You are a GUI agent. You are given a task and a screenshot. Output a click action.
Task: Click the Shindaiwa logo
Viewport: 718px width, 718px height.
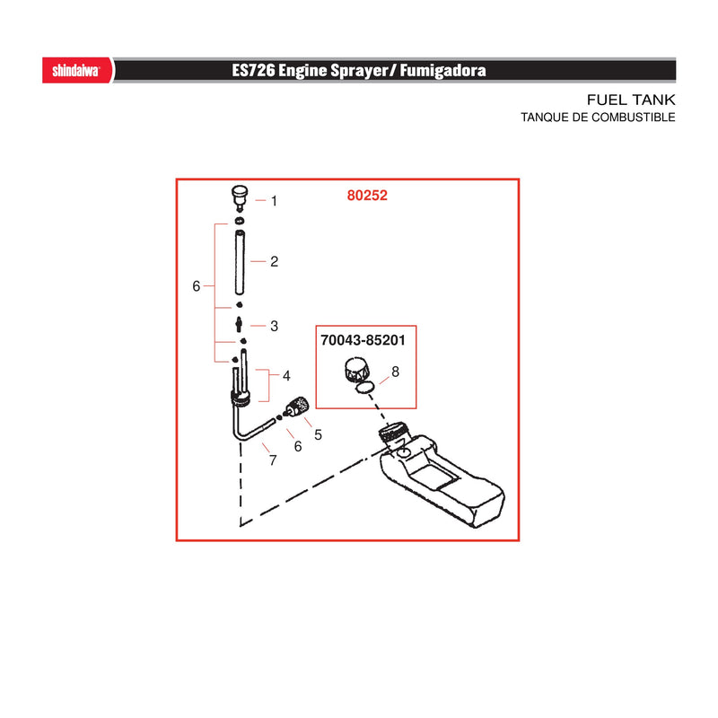point(76,71)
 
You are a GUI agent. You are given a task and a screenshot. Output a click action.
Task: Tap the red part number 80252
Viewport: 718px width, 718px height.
point(367,196)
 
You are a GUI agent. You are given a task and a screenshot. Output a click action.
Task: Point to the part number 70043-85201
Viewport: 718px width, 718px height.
point(363,340)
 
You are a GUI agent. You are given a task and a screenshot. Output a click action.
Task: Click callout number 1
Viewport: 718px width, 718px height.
point(274,201)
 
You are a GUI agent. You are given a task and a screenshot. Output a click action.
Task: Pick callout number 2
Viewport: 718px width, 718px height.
point(275,261)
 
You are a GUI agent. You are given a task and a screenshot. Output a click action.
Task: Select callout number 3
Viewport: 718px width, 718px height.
point(275,326)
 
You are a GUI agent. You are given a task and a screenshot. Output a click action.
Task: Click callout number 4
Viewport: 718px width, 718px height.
point(286,376)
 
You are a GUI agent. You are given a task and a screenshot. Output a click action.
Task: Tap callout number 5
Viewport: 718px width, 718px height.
point(319,434)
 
